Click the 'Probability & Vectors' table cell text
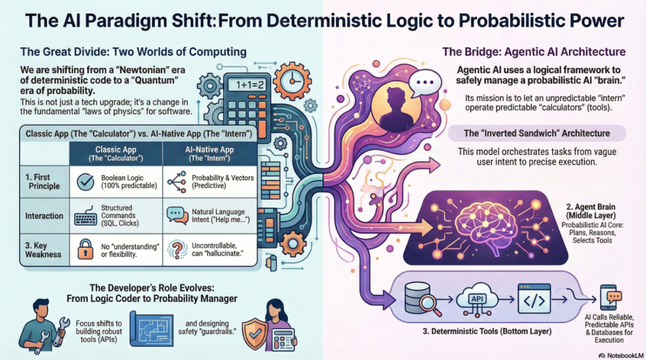coord(223,182)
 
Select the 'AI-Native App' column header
coord(209,154)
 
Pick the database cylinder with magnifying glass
coord(418,298)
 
